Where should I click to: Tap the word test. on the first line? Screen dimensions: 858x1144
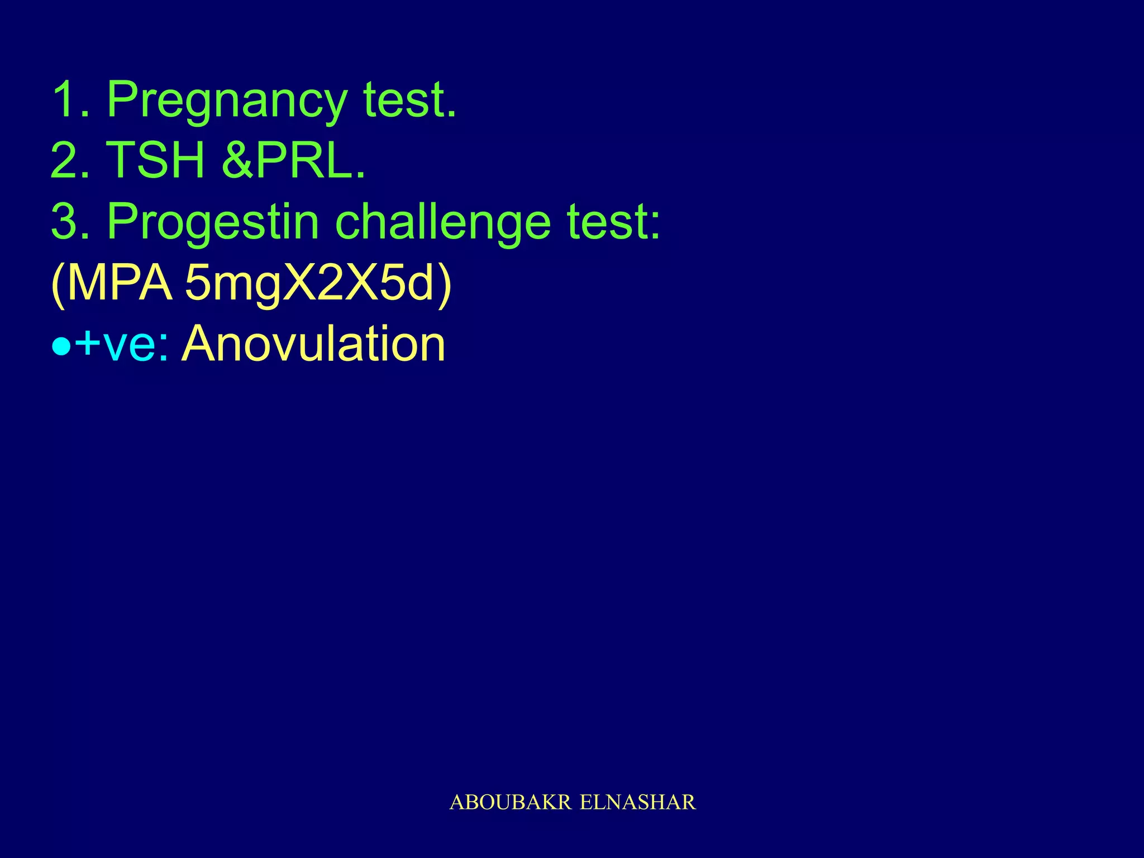click(x=410, y=101)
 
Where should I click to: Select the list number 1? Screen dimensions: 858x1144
click(x=70, y=101)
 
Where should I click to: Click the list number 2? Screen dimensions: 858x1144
click(x=70, y=161)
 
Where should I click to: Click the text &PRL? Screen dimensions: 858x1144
click(x=294, y=161)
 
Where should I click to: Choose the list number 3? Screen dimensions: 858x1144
click(x=70, y=222)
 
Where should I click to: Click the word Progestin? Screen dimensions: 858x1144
click(x=213, y=222)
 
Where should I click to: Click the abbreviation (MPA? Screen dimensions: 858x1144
click(x=112, y=284)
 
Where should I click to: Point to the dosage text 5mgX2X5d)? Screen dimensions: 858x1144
click(x=317, y=284)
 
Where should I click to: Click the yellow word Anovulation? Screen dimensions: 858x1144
click(x=314, y=344)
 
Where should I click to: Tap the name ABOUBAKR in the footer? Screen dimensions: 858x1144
click(x=511, y=803)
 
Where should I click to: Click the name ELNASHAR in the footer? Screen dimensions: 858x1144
click(x=638, y=803)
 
